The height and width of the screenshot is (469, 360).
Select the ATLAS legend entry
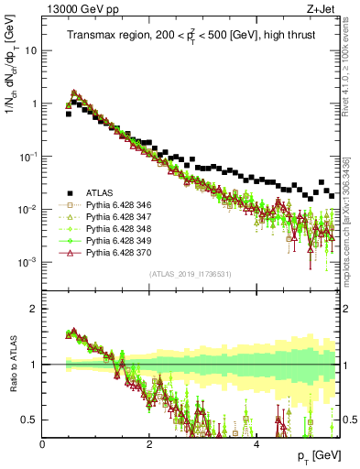(x=101, y=192)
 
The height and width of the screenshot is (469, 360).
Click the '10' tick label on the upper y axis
(x=31, y=50)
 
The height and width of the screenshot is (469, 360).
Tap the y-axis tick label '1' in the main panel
(x=35, y=104)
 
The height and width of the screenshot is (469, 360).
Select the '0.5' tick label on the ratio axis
(x=30, y=420)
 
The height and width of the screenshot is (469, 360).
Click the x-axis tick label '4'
(x=256, y=444)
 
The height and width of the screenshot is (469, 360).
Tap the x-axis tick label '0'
(x=42, y=444)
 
